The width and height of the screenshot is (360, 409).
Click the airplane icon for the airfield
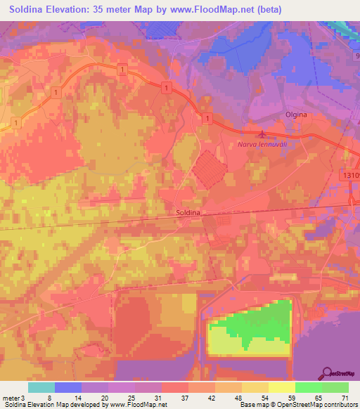tap(262, 134)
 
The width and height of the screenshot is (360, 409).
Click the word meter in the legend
tap(11, 398)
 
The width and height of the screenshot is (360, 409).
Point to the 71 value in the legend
tap(345, 398)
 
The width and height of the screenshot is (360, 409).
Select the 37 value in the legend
tap(185, 398)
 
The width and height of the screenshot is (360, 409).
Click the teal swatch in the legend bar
tap(41, 387)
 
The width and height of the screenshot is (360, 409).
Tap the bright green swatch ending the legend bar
tap(335, 387)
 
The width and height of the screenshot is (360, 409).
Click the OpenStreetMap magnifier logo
tap(327, 373)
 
